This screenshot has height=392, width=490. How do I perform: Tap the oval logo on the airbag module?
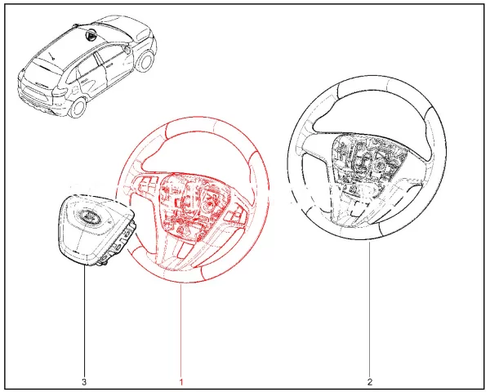85,216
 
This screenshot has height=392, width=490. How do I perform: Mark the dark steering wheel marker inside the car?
88,34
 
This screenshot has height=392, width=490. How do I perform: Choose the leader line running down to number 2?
369,318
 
